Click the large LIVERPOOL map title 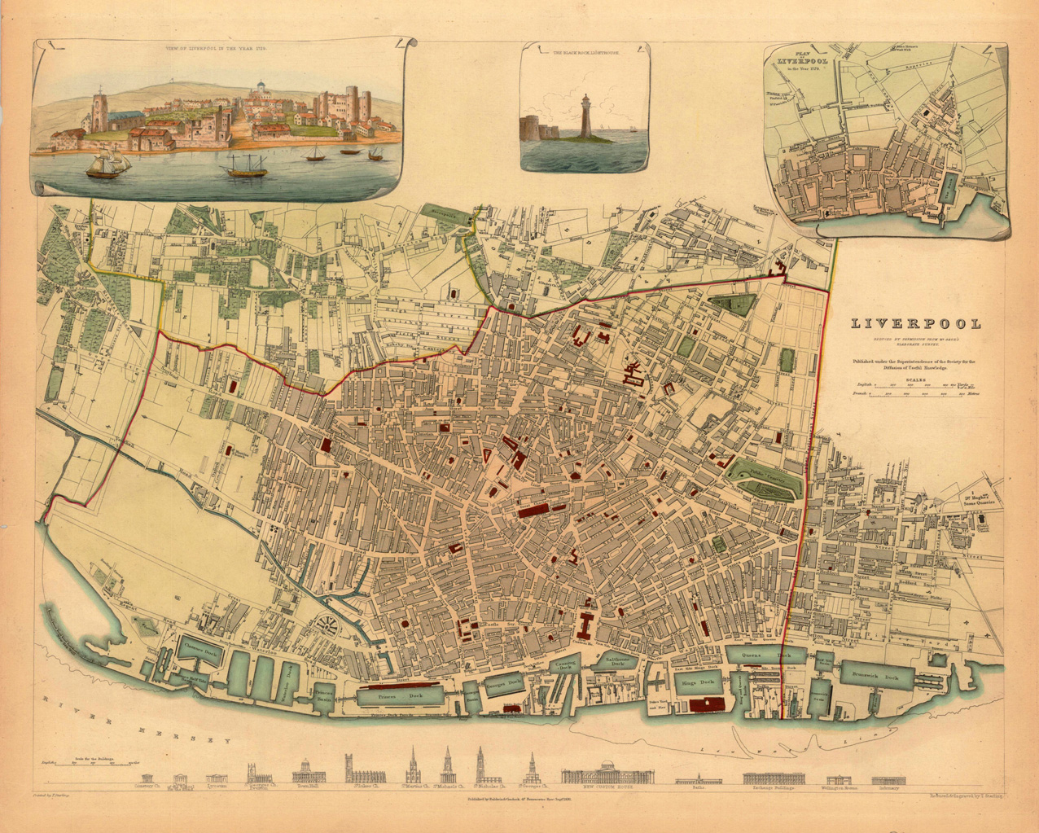pyautogui.click(x=916, y=324)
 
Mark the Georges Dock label pyautogui.click(x=503, y=684)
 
